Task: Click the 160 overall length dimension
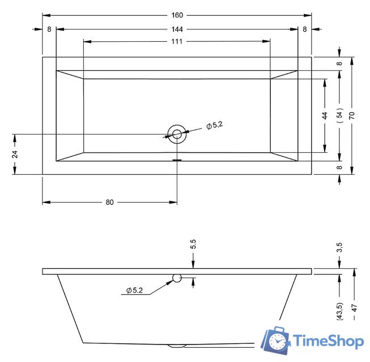(177, 14)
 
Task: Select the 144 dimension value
(177, 28)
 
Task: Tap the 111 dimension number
(177, 41)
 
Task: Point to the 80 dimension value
(109, 202)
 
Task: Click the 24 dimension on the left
(15, 154)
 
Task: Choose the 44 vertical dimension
(325, 115)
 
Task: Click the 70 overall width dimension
(352, 115)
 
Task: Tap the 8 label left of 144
(49, 28)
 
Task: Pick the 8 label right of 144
(305, 28)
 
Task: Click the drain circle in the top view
(177, 134)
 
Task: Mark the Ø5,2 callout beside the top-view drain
(214, 126)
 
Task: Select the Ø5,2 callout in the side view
(135, 290)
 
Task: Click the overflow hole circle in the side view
(177, 278)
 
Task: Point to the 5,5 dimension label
(193, 244)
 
